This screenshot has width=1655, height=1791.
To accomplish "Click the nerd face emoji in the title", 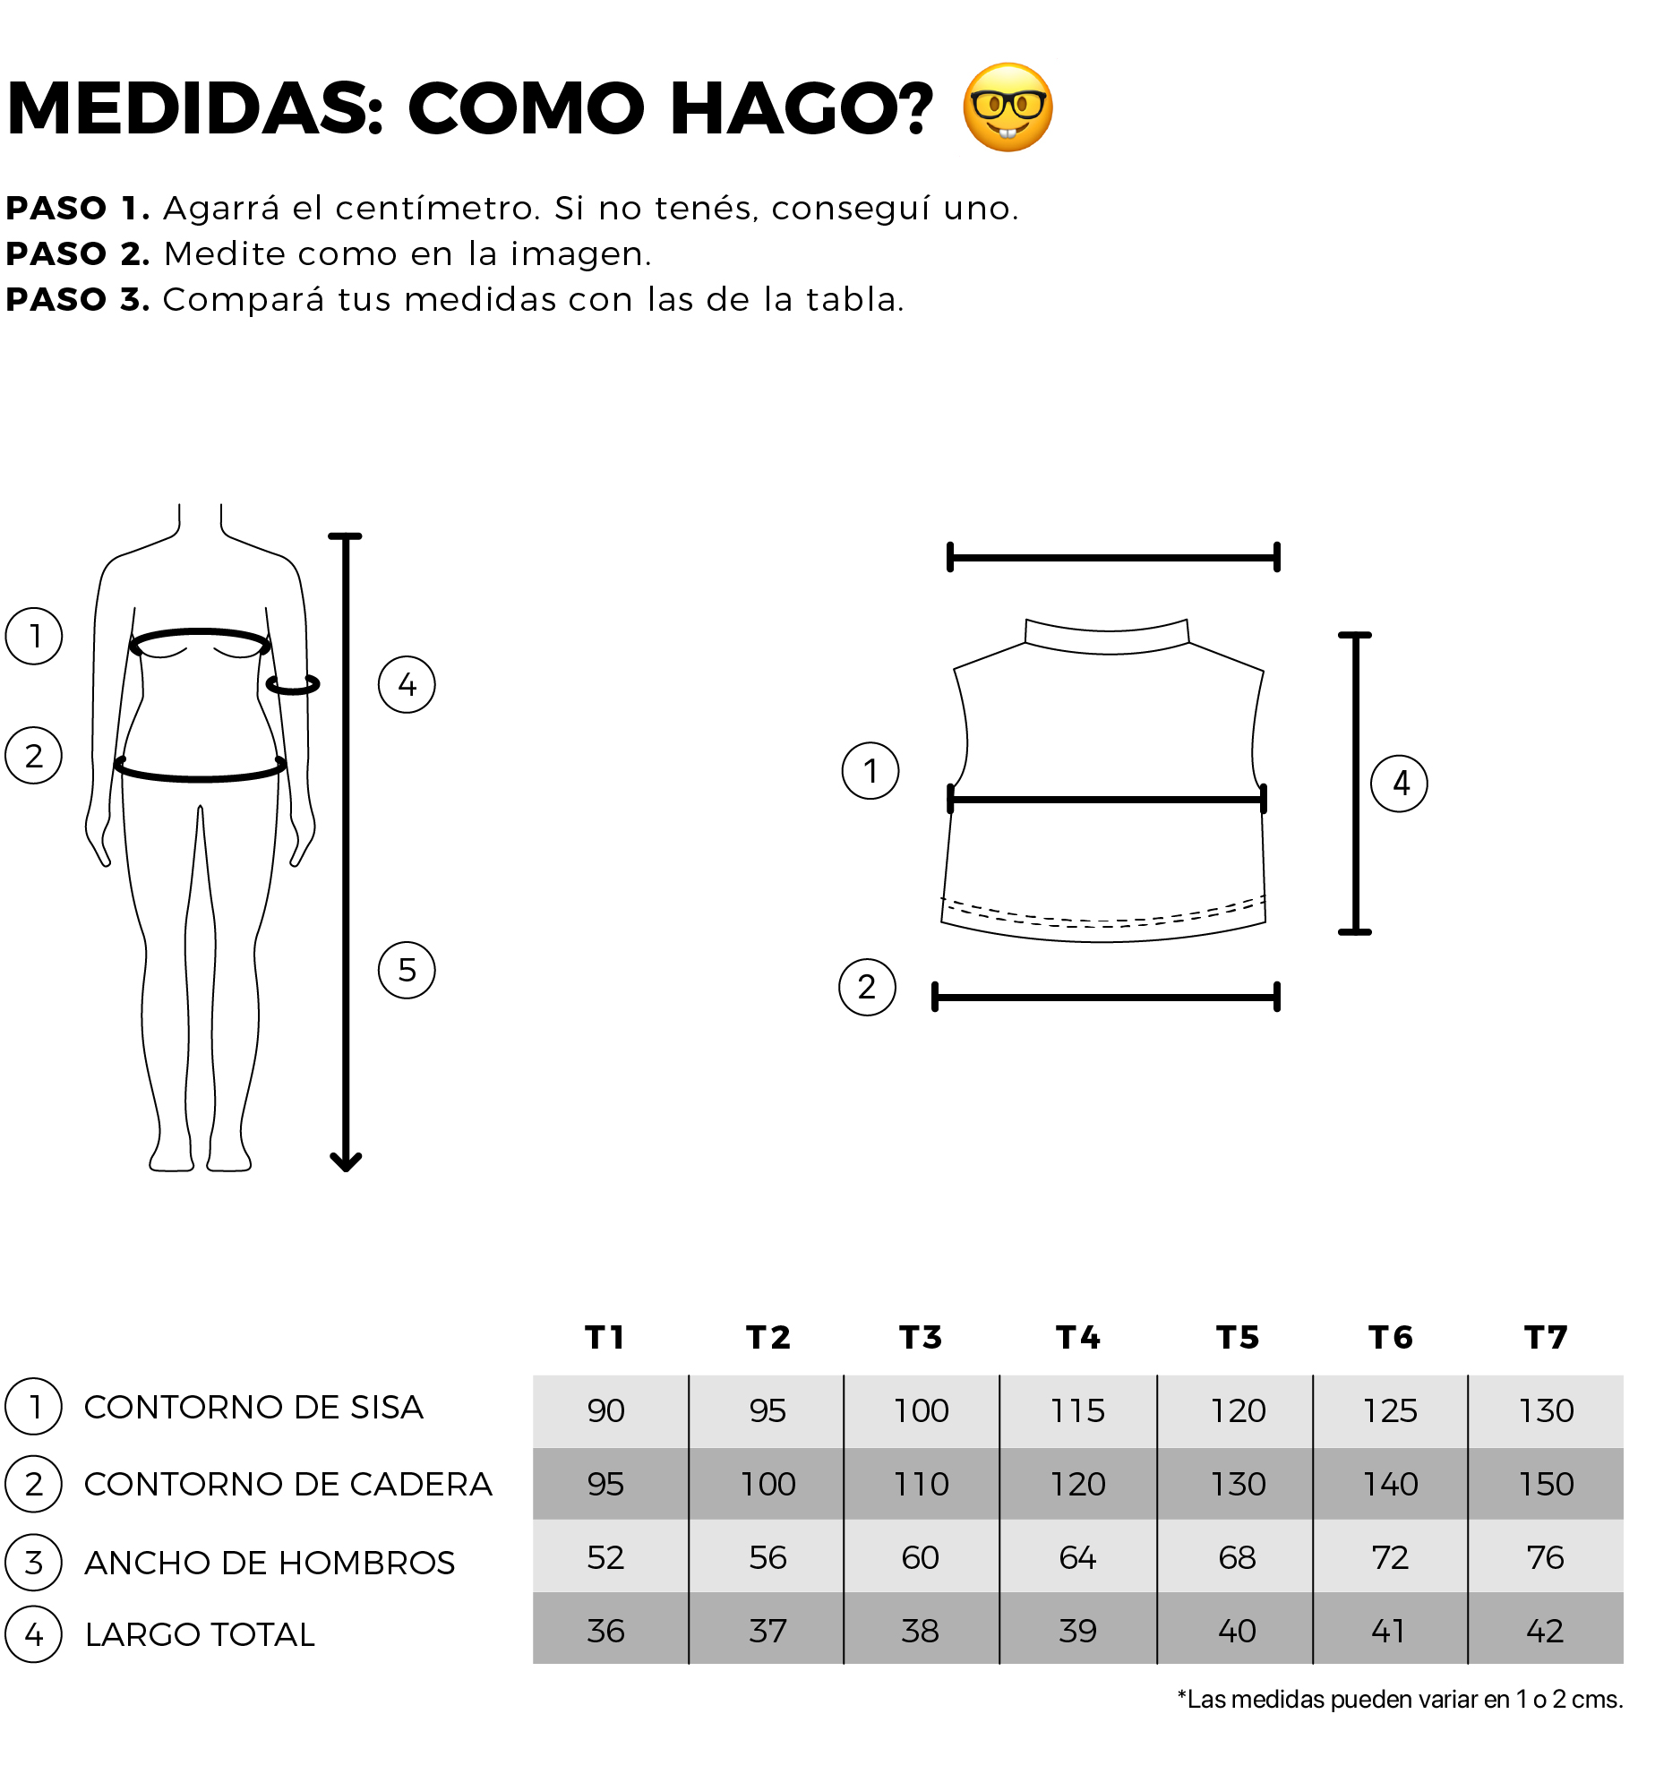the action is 1008,107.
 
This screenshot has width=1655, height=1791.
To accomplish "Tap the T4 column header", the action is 1078,1337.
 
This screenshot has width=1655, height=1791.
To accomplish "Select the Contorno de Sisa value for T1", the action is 606,1410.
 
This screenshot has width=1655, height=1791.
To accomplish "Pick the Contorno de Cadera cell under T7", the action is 1547,1484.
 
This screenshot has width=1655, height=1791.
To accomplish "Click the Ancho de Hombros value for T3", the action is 921,1557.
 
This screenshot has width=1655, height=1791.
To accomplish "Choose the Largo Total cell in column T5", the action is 1238,1631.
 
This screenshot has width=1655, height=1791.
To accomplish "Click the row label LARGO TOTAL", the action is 200,1634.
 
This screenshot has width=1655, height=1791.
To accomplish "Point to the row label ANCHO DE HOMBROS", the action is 270,1563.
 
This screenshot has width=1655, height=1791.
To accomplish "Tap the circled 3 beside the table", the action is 34,1563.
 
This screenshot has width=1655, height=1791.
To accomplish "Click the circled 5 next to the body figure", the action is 407,970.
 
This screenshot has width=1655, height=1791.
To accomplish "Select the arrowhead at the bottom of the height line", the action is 346,1161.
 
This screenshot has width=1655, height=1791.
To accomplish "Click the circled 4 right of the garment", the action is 1400,784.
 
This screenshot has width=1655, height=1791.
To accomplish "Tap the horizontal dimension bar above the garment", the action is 1113,557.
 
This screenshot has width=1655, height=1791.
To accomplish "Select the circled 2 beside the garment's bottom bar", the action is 867,987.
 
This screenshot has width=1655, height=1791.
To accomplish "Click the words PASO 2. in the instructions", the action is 78,254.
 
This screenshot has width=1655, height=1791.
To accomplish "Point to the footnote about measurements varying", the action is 1400,1699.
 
